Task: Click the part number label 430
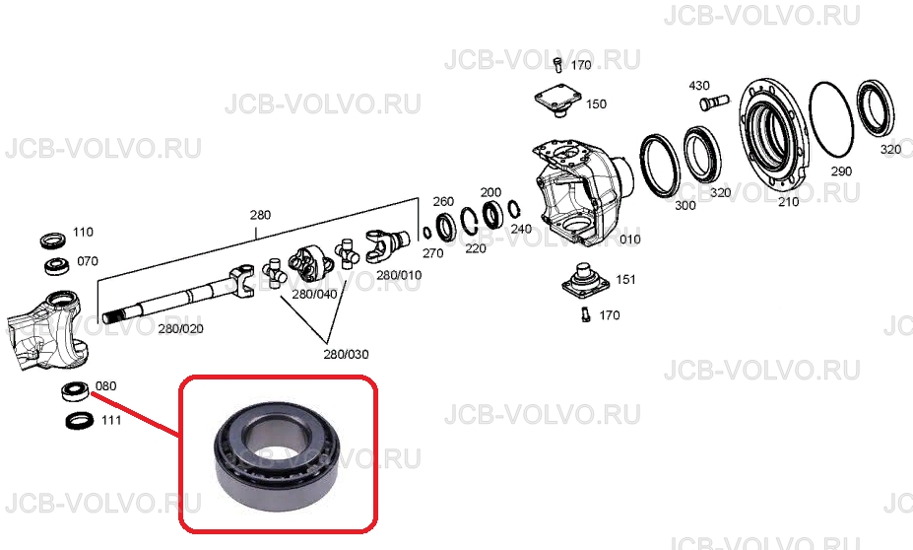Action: (x=698, y=86)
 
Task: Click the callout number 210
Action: (x=788, y=202)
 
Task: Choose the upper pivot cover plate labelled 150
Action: (x=558, y=101)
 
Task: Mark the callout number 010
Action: (x=630, y=239)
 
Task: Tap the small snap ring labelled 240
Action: (x=513, y=209)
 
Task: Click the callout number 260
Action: (x=443, y=202)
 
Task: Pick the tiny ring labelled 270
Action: (x=426, y=233)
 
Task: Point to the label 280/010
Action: (x=399, y=274)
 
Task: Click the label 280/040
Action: (x=314, y=295)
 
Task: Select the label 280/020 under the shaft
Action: (x=181, y=328)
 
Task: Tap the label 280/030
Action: (x=346, y=354)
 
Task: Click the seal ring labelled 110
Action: (x=53, y=240)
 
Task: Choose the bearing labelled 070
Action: (x=58, y=266)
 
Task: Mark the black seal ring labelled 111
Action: (x=80, y=420)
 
